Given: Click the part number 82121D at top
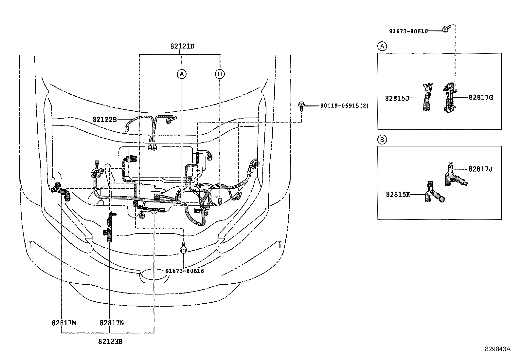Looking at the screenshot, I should tap(182, 46).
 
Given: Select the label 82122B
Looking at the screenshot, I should tap(104, 120).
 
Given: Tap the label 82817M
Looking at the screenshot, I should tap(64, 323).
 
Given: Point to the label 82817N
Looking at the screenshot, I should tap(112, 323).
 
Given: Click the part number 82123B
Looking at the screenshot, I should tap(110, 341).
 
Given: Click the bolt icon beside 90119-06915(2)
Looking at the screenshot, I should tap(300, 106).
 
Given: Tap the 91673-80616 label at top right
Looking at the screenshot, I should tap(408, 31).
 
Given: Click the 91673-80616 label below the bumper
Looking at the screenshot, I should tap(185, 271).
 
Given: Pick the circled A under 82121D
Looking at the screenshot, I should tap(182, 74).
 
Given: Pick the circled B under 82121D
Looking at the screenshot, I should tap(220, 74).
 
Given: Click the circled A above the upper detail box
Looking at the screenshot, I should tap(382, 47).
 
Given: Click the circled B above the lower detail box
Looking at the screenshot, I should tap(382, 140).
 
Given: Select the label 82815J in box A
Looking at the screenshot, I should tap(397, 98).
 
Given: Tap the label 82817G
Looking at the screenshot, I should tap(480, 97).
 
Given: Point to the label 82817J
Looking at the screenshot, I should tap(480, 169).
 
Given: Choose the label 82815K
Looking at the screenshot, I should tap(398, 194).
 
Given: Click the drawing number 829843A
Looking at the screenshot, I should tap(497, 349).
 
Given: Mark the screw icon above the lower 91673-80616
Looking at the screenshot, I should tap(184, 249).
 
